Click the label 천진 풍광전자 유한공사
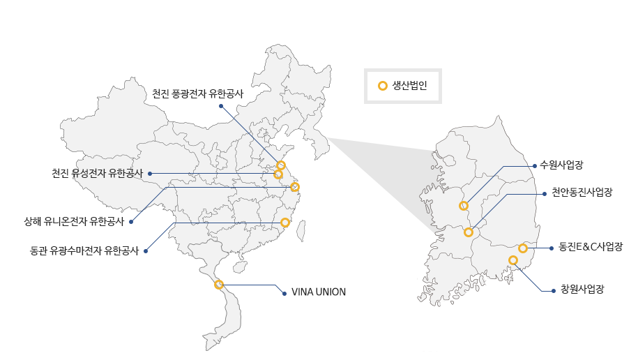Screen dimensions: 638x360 (x=198, y=93)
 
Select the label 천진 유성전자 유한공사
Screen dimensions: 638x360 (x=97, y=174)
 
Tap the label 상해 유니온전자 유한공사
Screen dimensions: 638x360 (x=74, y=222)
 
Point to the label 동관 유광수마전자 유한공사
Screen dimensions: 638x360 (x=84, y=250)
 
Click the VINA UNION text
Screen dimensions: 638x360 (x=319, y=292)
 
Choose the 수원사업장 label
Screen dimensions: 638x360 (x=561, y=165)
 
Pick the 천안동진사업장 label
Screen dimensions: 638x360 (x=582, y=193)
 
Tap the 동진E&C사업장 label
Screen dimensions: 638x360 (x=591, y=246)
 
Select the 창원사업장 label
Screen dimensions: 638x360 (x=582, y=289)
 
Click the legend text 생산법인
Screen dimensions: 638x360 (x=409, y=86)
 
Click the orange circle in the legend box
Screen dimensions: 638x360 (x=383, y=86)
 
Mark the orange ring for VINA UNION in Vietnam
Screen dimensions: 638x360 (x=219, y=284)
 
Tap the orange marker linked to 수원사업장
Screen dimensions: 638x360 (x=464, y=206)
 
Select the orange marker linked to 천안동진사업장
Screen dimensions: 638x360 (x=469, y=232)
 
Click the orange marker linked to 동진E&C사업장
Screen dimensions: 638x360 (x=523, y=248)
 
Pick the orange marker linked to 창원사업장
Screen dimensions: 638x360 (x=513, y=260)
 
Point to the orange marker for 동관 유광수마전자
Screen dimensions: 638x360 (x=285, y=223)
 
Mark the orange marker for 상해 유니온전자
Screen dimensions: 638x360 (x=295, y=187)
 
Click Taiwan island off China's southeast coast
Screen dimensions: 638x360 (x=301, y=231)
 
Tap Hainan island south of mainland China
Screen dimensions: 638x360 (x=241, y=267)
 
